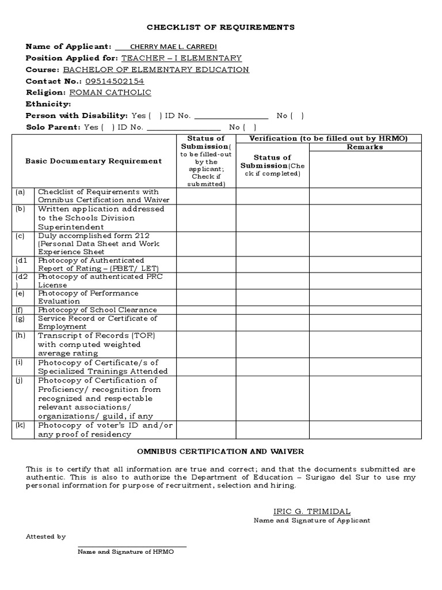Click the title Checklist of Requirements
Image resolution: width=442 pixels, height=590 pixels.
(x=220, y=27)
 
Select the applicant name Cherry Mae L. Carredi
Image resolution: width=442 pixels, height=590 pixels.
(x=167, y=47)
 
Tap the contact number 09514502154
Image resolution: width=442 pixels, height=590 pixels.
(x=115, y=81)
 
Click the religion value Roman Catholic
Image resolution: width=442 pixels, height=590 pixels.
(x=110, y=92)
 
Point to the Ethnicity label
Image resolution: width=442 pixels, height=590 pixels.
(x=48, y=104)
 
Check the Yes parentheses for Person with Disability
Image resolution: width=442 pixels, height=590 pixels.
(x=155, y=115)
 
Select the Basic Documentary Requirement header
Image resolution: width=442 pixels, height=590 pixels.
(x=94, y=161)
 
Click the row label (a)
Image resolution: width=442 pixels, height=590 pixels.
(x=20, y=192)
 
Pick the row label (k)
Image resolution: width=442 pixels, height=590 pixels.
(x=20, y=425)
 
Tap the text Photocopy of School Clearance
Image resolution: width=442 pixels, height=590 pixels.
(x=97, y=310)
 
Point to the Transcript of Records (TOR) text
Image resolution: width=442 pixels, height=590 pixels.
(x=97, y=335)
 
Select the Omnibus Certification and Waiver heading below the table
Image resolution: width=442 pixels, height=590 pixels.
(x=220, y=451)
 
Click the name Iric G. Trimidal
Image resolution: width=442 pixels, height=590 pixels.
(x=311, y=511)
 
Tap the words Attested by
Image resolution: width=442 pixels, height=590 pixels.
(x=45, y=536)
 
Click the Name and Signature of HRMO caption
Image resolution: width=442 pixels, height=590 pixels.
(x=125, y=551)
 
